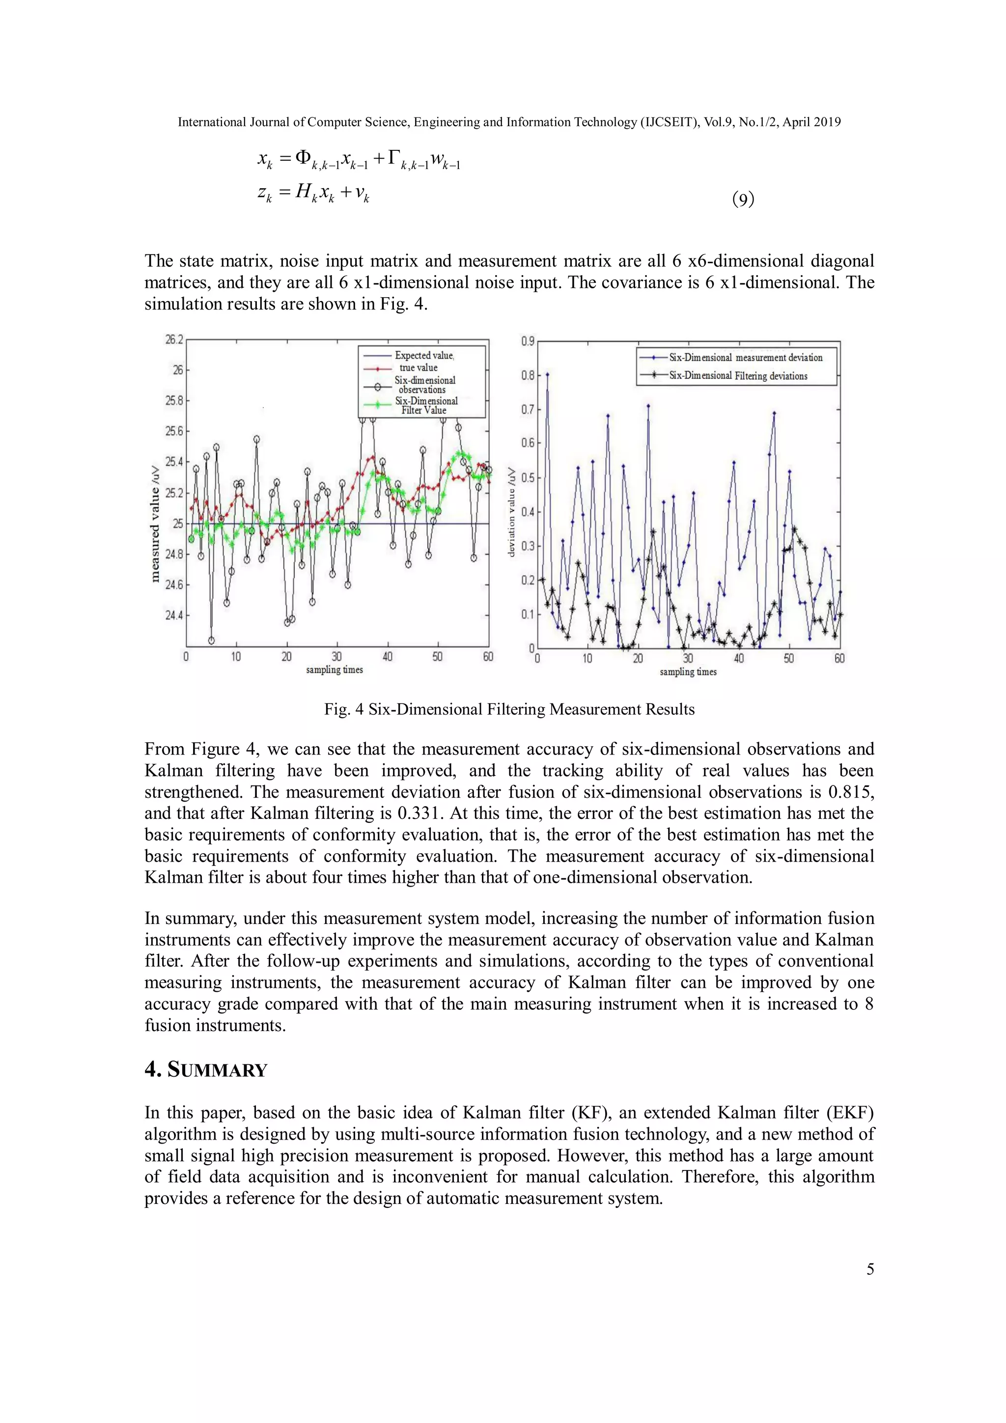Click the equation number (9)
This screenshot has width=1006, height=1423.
tap(743, 199)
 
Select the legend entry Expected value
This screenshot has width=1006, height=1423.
tap(424, 356)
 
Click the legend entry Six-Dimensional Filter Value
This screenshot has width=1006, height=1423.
tap(426, 405)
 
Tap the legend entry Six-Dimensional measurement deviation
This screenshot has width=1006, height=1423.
tap(745, 358)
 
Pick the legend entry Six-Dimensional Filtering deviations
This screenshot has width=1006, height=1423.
tap(738, 376)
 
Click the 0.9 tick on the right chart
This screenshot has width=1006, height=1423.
tap(528, 341)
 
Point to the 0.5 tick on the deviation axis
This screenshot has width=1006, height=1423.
tap(528, 478)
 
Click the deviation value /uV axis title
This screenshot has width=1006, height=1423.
tap(511, 512)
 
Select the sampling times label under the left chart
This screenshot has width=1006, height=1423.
tap(334, 670)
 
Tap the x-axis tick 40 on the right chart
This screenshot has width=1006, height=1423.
tap(738, 659)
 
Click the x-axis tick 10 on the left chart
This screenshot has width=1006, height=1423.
tap(236, 657)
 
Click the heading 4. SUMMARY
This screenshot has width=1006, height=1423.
tap(206, 1070)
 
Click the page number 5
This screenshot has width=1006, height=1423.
tap(869, 1269)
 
